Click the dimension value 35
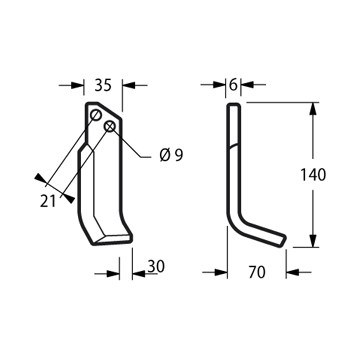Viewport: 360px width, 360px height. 103,85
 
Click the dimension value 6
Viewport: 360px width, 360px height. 233,85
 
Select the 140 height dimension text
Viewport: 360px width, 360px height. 313,175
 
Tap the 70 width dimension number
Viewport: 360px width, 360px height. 257,272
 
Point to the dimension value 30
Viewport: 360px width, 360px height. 156,266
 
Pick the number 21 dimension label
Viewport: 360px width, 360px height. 48,202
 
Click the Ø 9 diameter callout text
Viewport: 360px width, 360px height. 171,155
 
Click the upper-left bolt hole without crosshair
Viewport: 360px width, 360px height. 96,115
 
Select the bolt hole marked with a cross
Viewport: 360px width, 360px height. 110,126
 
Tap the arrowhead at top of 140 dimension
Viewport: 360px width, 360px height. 313,109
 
